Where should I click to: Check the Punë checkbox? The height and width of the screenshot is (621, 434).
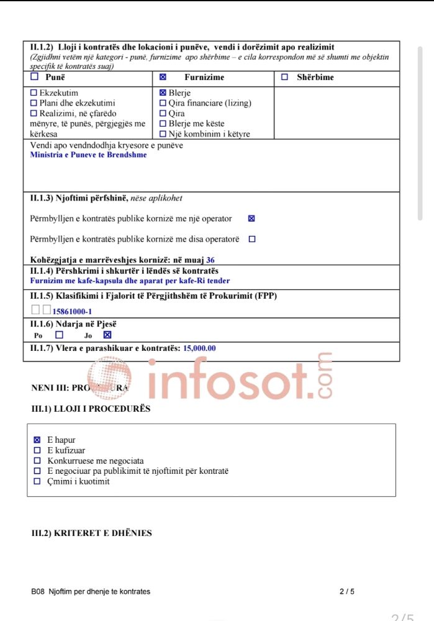pyautogui.click(x=34, y=77)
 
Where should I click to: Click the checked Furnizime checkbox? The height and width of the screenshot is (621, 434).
pyautogui.click(x=163, y=77)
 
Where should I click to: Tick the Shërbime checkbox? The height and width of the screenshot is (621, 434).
pyautogui.click(x=284, y=77)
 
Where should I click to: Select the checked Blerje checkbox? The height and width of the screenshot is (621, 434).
pyautogui.click(x=163, y=93)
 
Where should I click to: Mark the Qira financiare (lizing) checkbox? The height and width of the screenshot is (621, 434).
pyautogui.click(x=163, y=103)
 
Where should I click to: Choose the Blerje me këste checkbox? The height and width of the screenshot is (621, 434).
pyautogui.click(x=163, y=124)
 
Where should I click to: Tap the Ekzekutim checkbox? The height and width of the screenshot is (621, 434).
pyautogui.click(x=34, y=93)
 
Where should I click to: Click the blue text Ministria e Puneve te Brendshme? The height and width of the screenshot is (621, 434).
pyautogui.click(x=88, y=155)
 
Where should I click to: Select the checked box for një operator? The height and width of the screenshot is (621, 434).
pyautogui.click(x=251, y=219)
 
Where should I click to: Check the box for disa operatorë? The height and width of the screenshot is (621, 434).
pyautogui.click(x=251, y=239)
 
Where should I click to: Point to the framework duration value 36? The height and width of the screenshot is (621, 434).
pyautogui.click(x=210, y=260)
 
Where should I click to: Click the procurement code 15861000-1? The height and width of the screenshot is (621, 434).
pyautogui.click(x=72, y=312)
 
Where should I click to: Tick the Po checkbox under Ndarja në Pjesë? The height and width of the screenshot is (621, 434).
pyautogui.click(x=60, y=335)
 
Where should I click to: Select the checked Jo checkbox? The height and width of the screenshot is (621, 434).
pyautogui.click(x=107, y=335)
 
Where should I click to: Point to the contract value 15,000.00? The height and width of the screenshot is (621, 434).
pyautogui.click(x=199, y=348)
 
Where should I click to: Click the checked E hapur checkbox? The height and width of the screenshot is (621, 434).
pyautogui.click(x=37, y=440)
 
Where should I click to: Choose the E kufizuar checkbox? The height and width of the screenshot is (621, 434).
pyautogui.click(x=37, y=451)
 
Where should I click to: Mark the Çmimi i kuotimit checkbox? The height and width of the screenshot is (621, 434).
pyautogui.click(x=37, y=481)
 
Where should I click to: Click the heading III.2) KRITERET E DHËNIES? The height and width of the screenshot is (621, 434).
pyautogui.click(x=91, y=533)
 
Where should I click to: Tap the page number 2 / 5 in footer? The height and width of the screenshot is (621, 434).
pyautogui.click(x=347, y=592)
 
